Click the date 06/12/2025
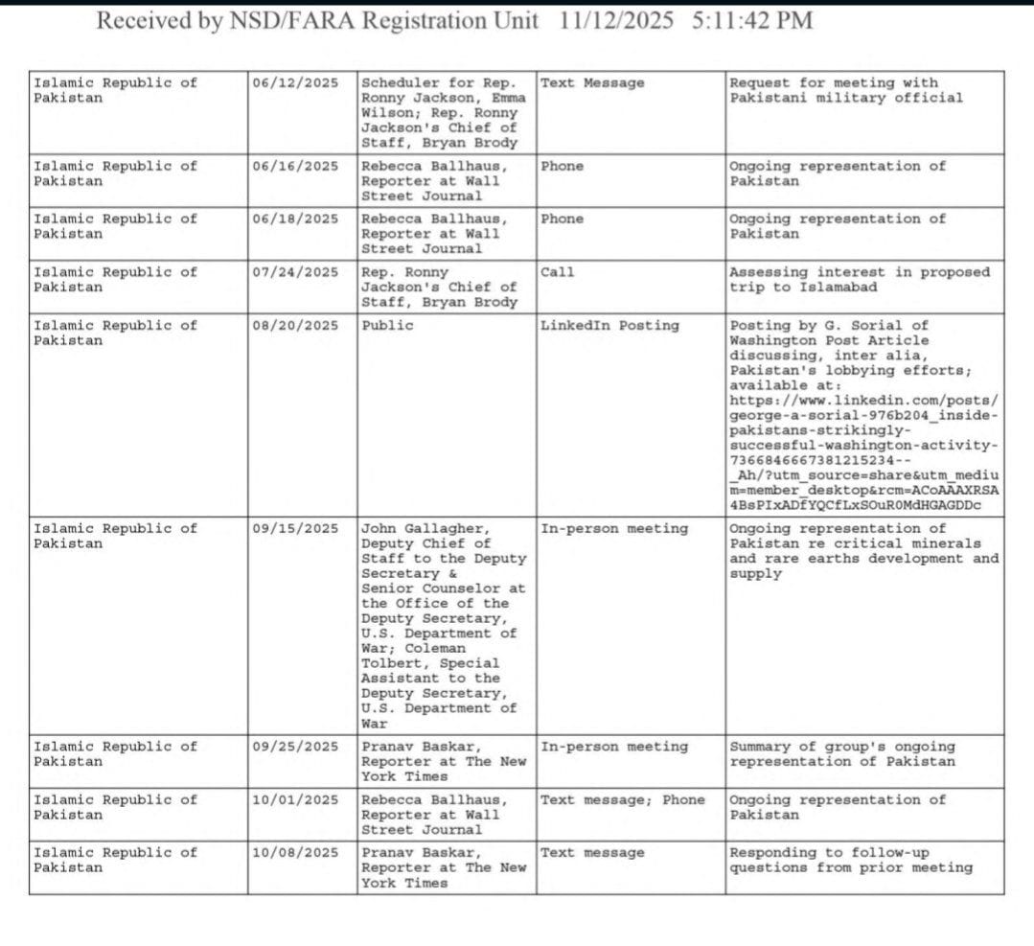(295, 82)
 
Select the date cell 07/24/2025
(295, 272)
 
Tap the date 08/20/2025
(295, 325)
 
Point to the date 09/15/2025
(295, 528)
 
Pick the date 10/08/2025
(295, 852)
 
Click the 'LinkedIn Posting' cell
(609, 325)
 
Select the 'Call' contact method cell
(558, 272)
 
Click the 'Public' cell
(388, 325)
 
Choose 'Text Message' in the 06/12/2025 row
(592, 82)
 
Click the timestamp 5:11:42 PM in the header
(751, 20)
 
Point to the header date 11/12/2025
(618, 20)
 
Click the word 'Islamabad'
(836, 287)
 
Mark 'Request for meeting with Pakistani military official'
(845, 90)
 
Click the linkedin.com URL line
(863, 400)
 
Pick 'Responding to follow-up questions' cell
(850, 860)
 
